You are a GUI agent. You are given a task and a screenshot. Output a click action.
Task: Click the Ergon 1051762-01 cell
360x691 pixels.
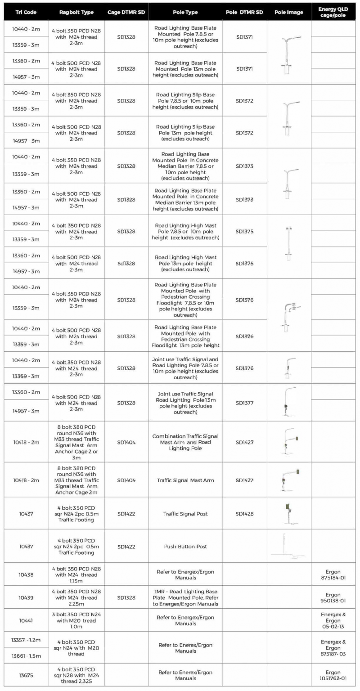[x=335, y=674]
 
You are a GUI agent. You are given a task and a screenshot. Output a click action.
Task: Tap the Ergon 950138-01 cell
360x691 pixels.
[x=335, y=597]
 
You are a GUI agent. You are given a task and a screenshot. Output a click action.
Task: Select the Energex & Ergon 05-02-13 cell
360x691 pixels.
[x=335, y=620]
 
